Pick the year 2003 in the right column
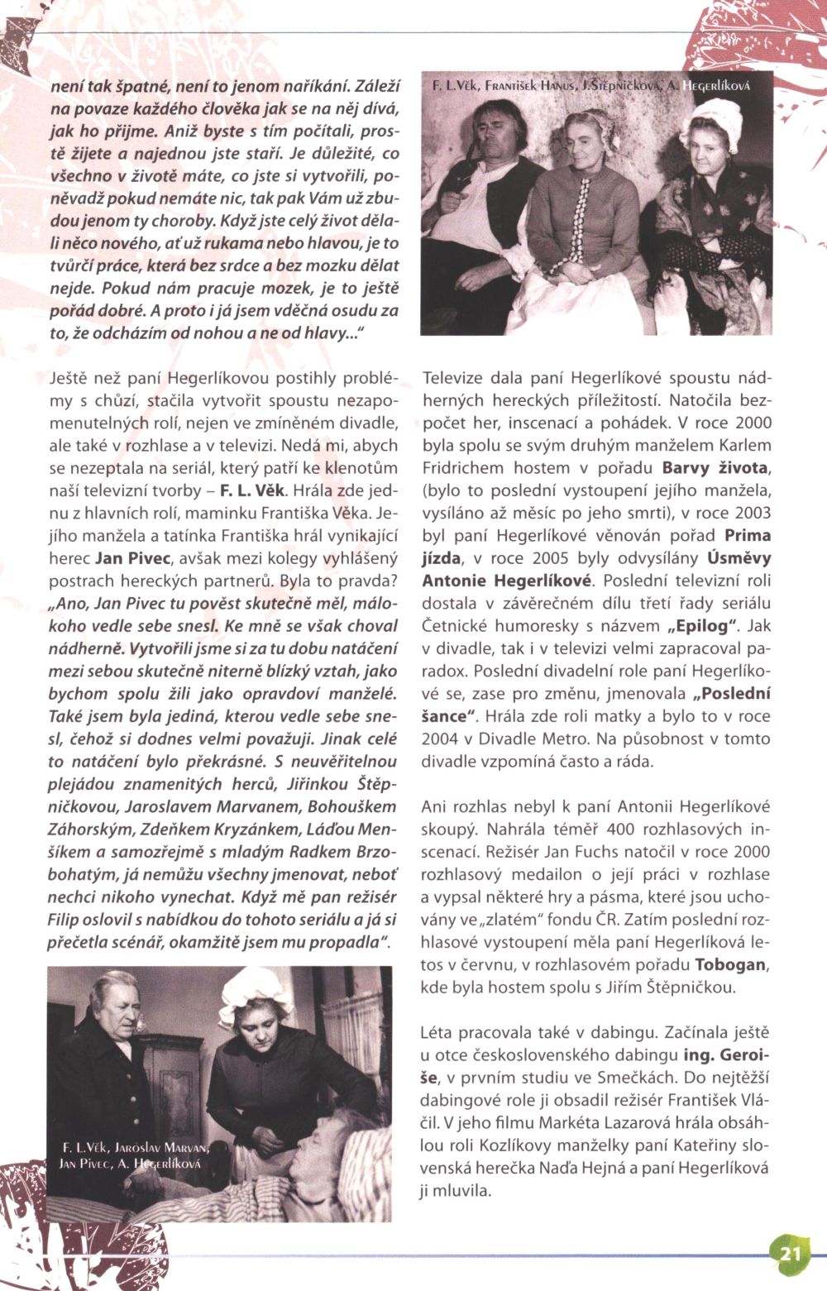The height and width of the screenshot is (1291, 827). [749, 512]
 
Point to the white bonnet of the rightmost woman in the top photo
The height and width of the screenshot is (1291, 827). [713, 116]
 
